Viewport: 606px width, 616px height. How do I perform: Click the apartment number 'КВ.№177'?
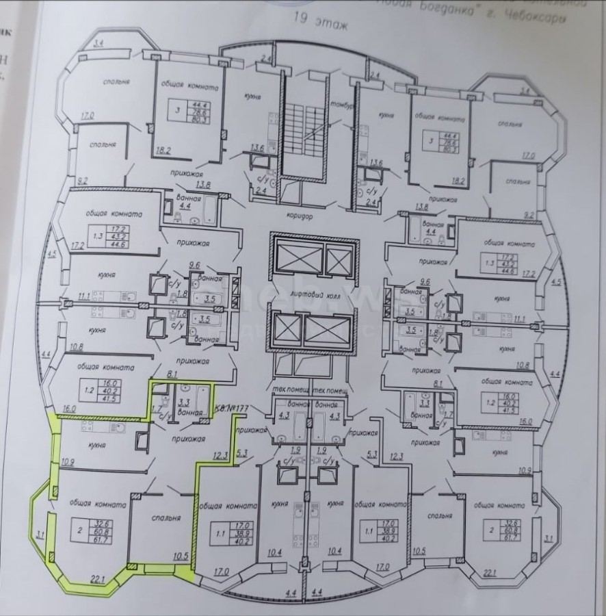tap(232, 409)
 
